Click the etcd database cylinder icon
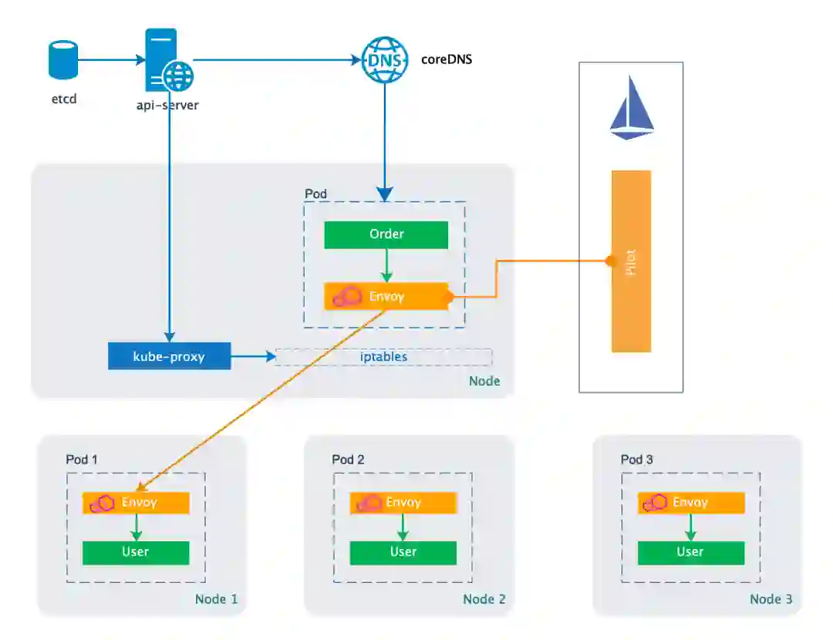point(63,60)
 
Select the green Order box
point(386,234)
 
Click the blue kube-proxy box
point(169,357)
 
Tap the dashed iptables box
point(383,357)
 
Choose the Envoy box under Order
point(386,296)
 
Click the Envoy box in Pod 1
point(136,503)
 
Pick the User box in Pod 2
point(403,552)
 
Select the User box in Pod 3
point(690,552)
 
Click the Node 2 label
point(484,599)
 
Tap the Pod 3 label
point(636,460)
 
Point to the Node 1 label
point(216,599)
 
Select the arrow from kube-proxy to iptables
point(252,357)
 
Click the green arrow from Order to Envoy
point(386,266)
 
